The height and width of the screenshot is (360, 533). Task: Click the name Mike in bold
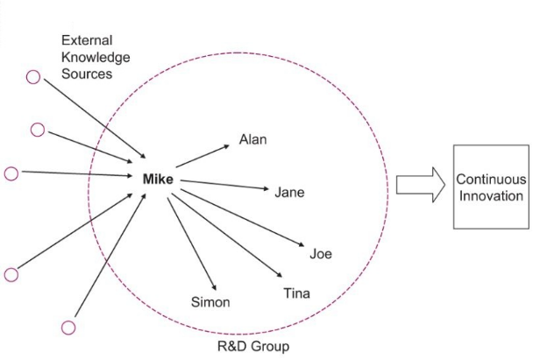pos(158,180)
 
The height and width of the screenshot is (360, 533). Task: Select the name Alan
pos(252,139)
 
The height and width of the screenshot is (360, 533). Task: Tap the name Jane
pos(289,192)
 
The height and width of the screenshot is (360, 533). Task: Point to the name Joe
pos(320,254)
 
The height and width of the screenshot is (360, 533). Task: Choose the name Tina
pos(295,293)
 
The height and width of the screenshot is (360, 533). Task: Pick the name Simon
pos(210,302)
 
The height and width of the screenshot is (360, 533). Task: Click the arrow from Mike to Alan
pos(202,155)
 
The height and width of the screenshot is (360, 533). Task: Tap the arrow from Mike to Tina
pos(228,232)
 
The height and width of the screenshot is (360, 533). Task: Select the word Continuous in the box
pos(491,179)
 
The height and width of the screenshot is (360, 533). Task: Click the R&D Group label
pos(252,346)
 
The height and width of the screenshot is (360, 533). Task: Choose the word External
pos(87,40)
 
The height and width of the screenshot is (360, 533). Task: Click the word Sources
pos(87,74)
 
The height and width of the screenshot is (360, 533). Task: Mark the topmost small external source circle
pos(32,76)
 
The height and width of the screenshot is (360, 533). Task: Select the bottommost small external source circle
pos(68,327)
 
